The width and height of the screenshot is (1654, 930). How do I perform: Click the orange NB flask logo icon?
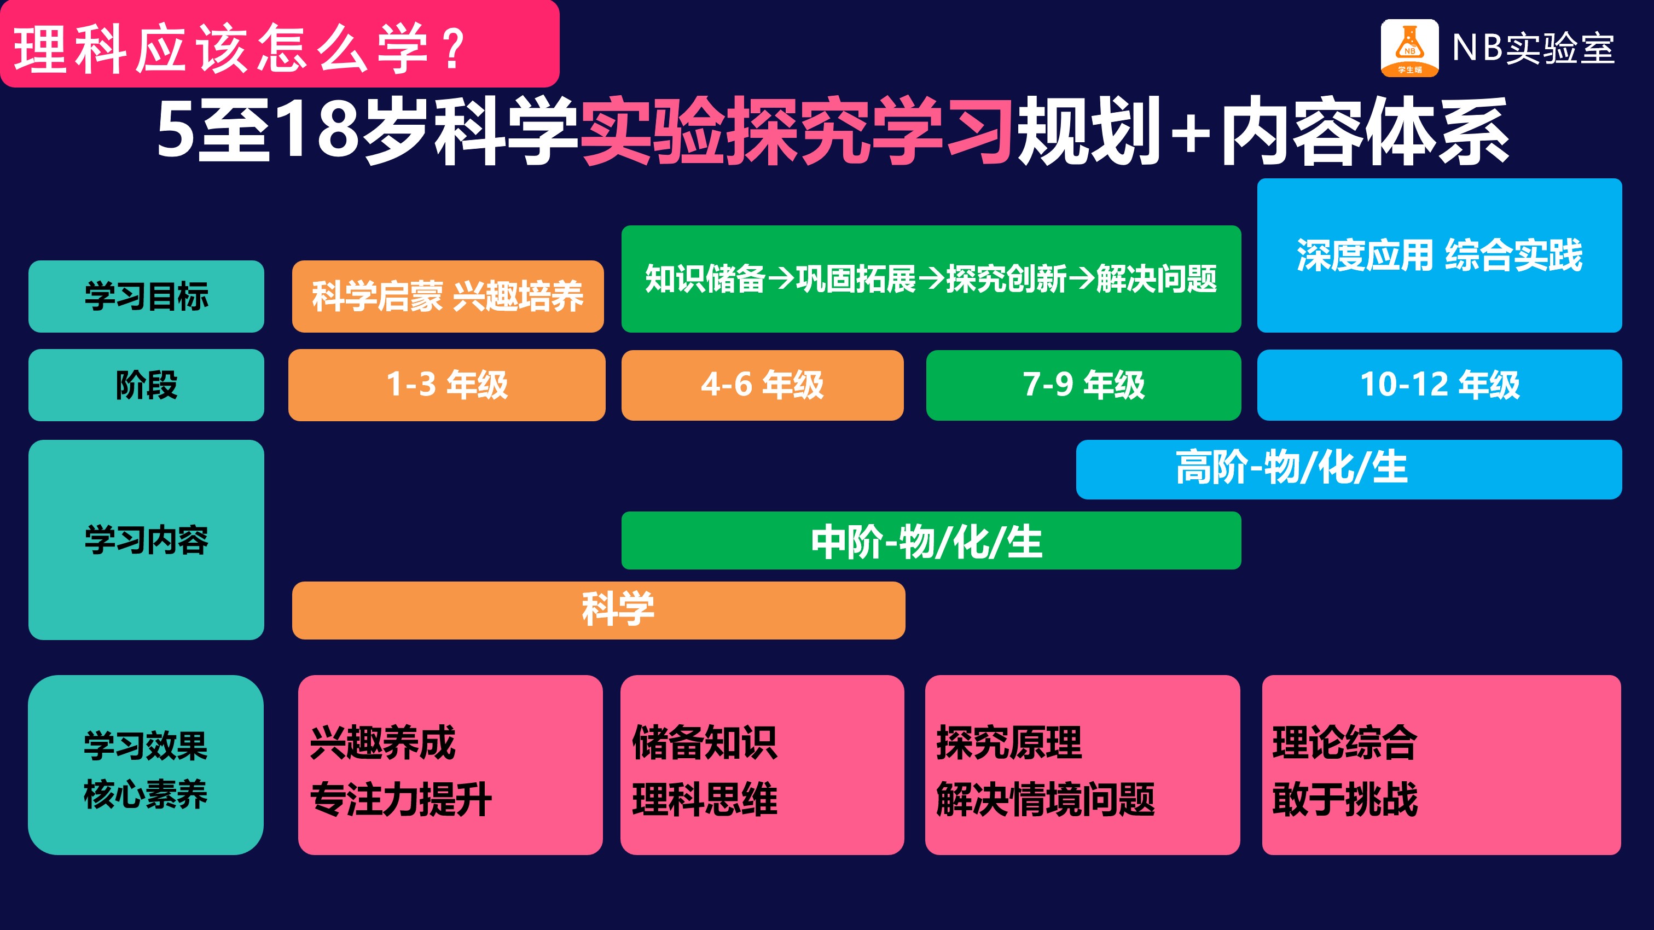[1409, 48]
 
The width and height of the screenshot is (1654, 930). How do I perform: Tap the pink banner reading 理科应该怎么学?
[280, 44]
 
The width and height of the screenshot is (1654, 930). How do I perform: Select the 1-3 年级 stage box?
[447, 385]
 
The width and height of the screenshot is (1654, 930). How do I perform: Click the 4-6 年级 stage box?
[762, 385]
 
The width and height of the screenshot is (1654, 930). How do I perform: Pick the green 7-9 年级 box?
[1083, 385]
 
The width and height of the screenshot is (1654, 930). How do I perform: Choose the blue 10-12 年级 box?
[1440, 385]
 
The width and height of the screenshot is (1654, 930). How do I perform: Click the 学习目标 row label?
[147, 297]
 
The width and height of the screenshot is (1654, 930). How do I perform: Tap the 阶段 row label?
[147, 385]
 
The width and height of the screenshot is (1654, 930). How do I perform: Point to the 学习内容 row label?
[147, 540]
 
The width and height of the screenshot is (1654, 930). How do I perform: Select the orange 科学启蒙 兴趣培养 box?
[448, 297]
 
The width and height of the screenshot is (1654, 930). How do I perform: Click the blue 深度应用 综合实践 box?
[1440, 255]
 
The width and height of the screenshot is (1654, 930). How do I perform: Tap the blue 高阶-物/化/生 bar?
[1349, 469]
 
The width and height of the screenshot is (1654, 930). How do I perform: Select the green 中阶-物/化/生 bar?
[931, 540]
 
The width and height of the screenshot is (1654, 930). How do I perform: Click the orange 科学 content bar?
[599, 611]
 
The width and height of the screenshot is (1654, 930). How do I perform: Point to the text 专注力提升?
[401, 800]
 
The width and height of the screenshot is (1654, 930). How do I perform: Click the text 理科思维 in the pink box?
[705, 800]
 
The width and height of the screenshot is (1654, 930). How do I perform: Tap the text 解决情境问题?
[1045, 800]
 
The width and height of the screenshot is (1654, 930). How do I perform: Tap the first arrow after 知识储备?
[781, 279]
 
